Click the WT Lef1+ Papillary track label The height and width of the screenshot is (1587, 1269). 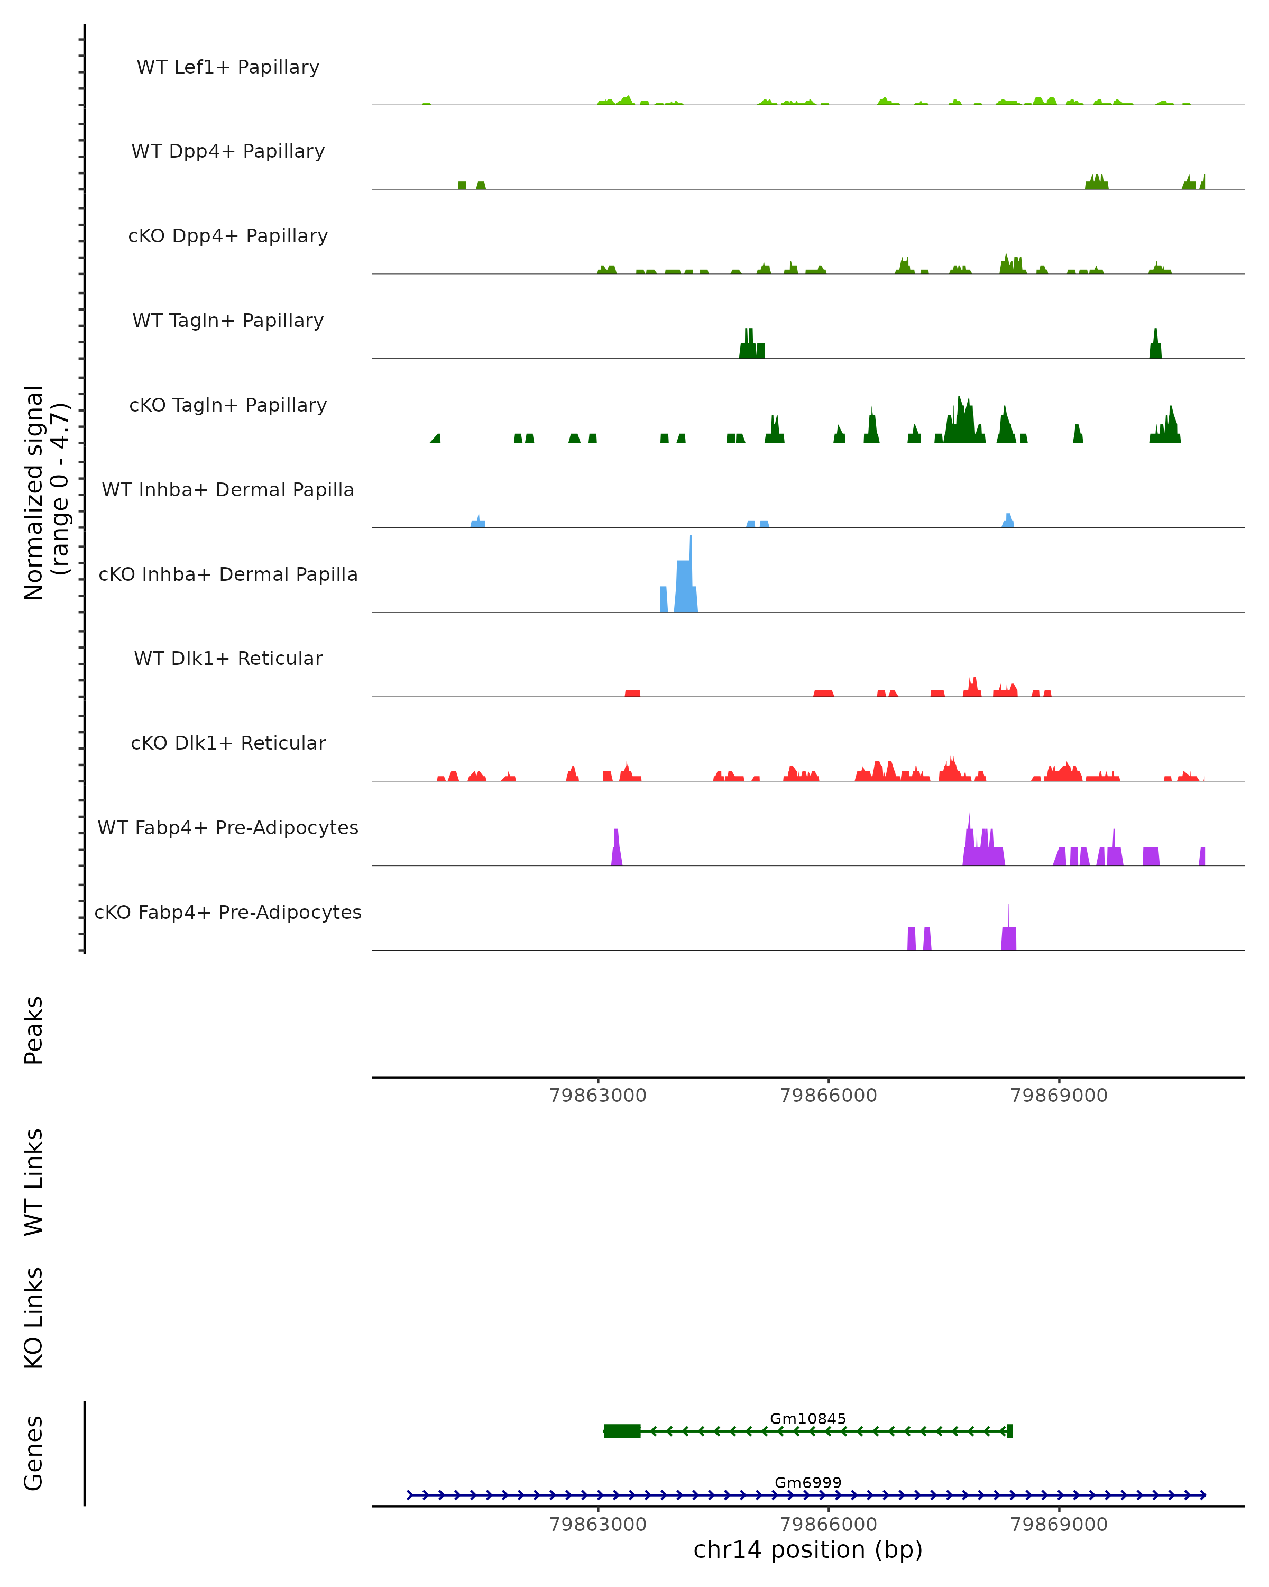coord(228,67)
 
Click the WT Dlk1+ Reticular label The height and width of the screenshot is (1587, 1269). coord(228,658)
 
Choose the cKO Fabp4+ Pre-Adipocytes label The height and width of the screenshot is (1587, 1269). coord(228,912)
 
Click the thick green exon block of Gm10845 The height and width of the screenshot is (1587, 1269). coord(622,1431)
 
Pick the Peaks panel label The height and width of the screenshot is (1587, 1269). coord(34,1030)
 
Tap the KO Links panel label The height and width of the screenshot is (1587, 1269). coord(34,1318)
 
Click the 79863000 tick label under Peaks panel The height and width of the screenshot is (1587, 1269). coord(597,1096)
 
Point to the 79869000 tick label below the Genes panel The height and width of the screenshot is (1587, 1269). coord(1059,1525)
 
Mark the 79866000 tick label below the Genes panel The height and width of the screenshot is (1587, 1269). coord(829,1525)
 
